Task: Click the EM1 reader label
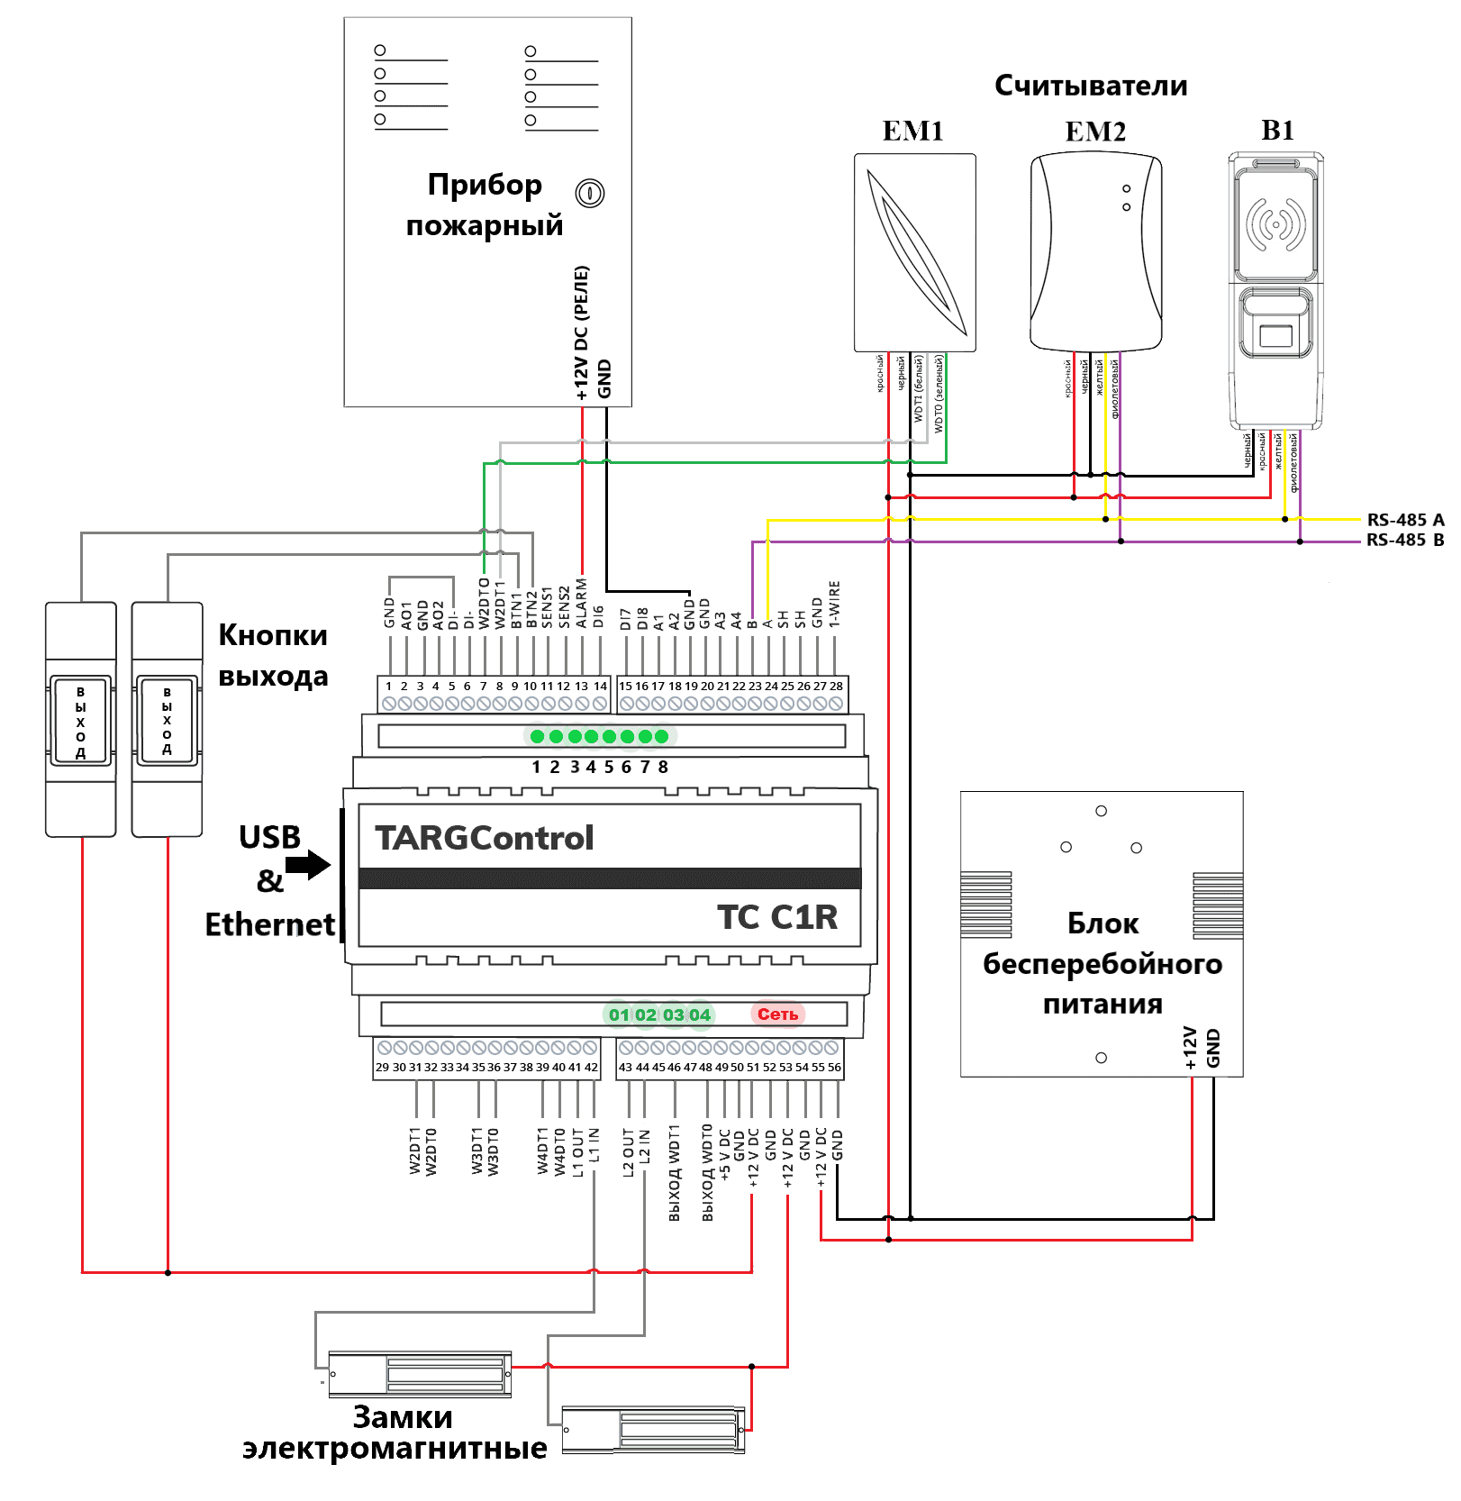coord(912,132)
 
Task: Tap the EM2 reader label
coord(1095,132)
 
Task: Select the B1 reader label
coord(1277,131)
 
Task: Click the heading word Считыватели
coord(1090,86)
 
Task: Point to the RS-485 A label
coord(1404,520)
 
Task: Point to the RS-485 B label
coord(1404,541)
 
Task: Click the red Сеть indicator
coord(776,1014)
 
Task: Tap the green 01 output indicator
coord(619,1015)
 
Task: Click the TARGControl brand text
coord(485,839)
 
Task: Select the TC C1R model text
coord(776,917)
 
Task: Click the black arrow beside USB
coord(309,865)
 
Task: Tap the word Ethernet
coord(269,924)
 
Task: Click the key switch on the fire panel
coord(590,193)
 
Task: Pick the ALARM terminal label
coord(582,604)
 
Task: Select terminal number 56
coord(835,1068)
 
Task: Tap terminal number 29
coord(382,1068)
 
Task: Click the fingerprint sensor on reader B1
coord(1275,336)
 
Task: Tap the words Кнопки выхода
coord(273,655)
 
